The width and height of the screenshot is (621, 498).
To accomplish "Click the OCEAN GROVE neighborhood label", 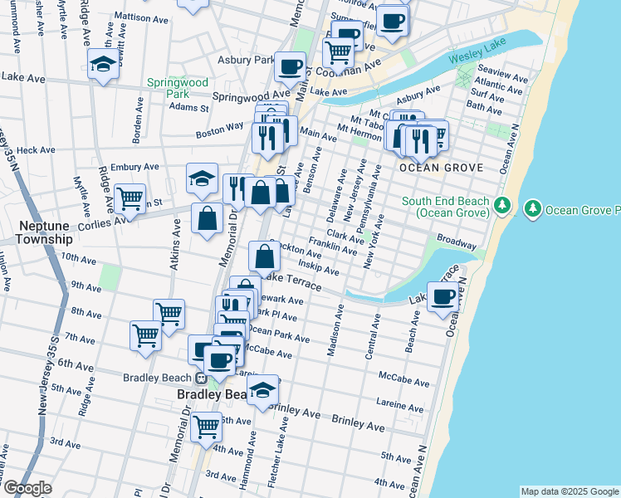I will tap(440, 168).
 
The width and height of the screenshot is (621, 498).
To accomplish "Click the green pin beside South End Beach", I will tap(501, 205).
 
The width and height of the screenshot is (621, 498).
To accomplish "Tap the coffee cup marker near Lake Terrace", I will tap(443, 296).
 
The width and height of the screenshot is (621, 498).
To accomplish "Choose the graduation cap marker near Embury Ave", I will tap(202, 178).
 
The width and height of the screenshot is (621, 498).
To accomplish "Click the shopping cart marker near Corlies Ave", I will tap(130, 198).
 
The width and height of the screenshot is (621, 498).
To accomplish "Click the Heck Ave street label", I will tap(35, 150).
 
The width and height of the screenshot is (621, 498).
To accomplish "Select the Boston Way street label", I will tap(219, 129).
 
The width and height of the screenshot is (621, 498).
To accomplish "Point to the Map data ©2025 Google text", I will tap(569, 491).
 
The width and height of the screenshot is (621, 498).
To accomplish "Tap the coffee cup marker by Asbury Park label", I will tap(290, 66).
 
